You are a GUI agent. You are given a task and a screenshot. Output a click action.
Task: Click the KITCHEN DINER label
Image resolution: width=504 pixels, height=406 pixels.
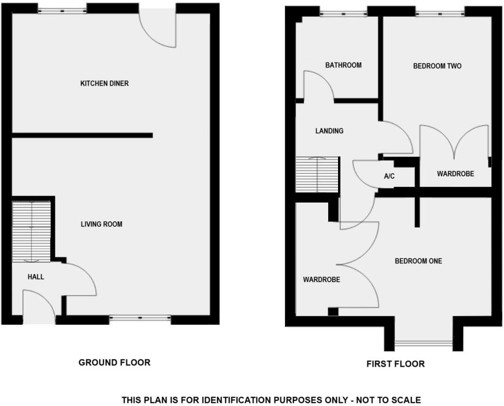coord(104,84)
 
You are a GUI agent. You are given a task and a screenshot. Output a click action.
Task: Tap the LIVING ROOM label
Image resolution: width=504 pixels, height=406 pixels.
coord(102,224)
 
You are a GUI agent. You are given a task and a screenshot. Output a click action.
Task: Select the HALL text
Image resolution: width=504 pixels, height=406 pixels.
coord(36,277)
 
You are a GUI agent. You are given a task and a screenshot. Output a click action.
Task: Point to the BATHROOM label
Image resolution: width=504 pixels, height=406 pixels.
coord(343,65)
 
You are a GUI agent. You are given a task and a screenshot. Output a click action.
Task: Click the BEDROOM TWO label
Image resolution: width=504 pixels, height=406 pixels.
coord(437,66)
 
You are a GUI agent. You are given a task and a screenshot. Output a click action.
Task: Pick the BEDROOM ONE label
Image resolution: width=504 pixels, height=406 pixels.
coord(418,261)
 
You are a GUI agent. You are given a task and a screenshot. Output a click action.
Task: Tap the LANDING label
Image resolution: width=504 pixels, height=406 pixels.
coord(329,131)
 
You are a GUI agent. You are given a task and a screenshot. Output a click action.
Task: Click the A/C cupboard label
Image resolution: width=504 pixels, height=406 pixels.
coord(389,177)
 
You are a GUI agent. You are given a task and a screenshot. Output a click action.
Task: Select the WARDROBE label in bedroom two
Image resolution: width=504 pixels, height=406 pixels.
coord(455,174)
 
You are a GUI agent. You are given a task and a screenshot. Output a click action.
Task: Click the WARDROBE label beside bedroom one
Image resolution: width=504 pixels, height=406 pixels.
coord(321,280)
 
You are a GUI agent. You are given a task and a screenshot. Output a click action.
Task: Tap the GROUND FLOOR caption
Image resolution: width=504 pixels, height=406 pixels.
coord(114,362)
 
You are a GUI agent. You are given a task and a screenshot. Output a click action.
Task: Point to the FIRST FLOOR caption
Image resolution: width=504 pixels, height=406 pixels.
coord(395,364)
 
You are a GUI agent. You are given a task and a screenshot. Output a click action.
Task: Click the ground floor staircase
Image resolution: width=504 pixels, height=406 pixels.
coord(31,231)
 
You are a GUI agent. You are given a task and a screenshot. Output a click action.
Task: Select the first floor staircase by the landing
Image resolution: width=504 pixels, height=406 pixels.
coord(317,174)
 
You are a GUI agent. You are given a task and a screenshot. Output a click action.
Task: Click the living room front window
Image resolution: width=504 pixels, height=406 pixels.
coord(140,319)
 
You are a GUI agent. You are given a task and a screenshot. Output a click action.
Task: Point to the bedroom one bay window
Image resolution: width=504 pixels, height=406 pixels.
coord(423,344)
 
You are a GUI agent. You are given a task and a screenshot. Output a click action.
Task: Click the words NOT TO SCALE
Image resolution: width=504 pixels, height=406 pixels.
coord(392,400)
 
